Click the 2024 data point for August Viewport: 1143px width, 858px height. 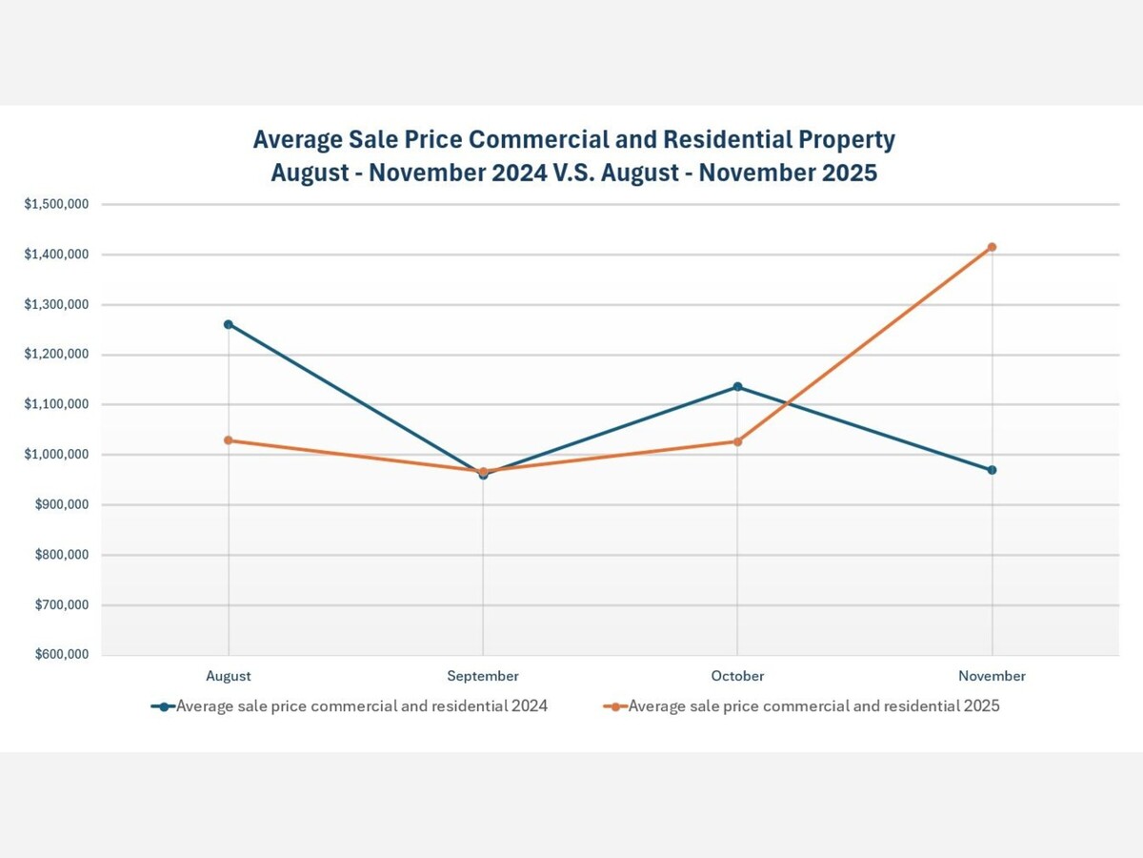(229, 324)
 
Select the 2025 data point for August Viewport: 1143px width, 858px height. (229, 440)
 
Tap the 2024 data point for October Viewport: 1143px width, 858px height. (737, 386)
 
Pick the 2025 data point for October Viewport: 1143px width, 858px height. (737, 441)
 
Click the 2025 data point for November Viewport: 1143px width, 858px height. (992, 247)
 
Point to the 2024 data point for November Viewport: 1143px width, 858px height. (992, 470)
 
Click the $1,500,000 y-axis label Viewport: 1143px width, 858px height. (56, 204)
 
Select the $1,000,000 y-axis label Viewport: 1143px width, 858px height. (56, 455)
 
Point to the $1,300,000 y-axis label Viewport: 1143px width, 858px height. (56, 304)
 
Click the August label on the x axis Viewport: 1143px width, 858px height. (229, 676)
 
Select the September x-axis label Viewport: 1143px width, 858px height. (483, 676)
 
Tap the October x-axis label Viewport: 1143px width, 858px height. (737, 676)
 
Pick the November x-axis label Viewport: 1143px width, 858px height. (992, 676)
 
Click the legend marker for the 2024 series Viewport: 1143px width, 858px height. (164, 706)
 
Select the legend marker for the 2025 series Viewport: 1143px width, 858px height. (615, 706)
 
